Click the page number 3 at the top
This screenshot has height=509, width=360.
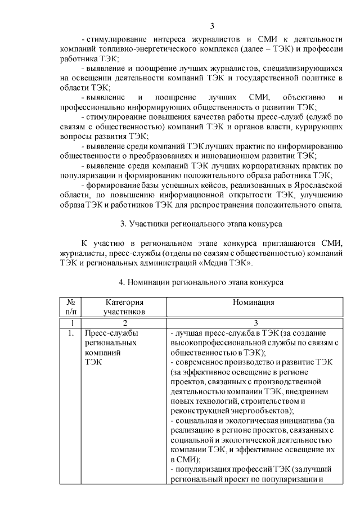pyautogui.click(x=212, y=26)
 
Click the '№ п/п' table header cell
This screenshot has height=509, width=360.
pyautogui.click(x=71, y=306)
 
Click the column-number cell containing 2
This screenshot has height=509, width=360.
pyautogui.click(x=124, y=323)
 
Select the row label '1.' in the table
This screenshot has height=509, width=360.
pyautogui.click(x=70, y=333)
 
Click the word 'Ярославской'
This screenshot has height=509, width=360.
pyautogui.click(x=319, y=183)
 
